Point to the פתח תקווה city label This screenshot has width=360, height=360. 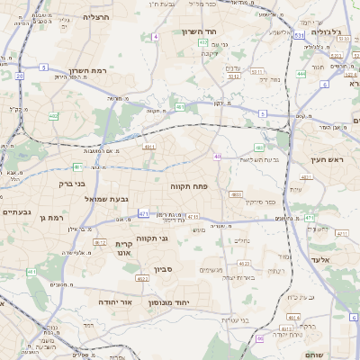point(189,184)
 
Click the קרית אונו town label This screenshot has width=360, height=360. point(125,249)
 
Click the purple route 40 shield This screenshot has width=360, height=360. point(218,157)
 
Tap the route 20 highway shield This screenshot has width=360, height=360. point(19,76)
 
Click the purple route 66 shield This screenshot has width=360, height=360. point(260,338)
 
